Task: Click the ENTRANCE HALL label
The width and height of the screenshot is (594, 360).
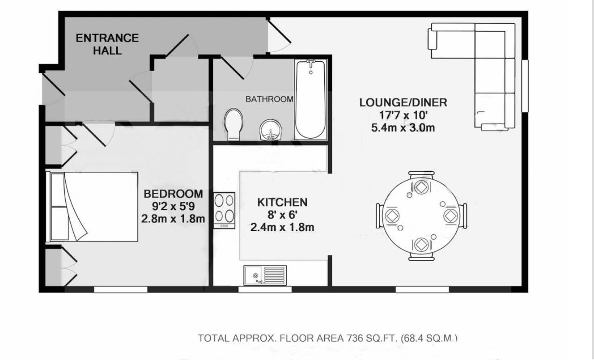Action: pyautogui.click(x=107, y=44)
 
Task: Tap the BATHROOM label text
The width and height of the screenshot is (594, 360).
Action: pyautogui.click(x=269, y=99)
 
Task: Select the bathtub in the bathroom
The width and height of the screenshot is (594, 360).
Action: pyautogui.click(x=310, y=99)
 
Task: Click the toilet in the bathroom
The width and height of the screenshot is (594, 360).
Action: pyautogui.click(x=233, y=124)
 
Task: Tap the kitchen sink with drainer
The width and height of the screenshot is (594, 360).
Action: pyautogui.click(x=265, y=275)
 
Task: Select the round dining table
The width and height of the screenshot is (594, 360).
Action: pyautogui.click(x=421, y=215)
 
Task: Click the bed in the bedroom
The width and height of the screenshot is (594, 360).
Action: pyautogui.click(x=92, y=207)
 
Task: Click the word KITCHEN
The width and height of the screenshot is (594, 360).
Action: pyautogui.click(x=282, y=203)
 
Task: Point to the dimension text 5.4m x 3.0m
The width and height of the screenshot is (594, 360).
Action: pyautogui.click(x=403, y=128)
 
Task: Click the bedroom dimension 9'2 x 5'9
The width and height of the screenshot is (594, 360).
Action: pyautogui.click(x=173, y=207)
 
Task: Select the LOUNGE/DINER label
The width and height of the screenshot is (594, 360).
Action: pyautogui.click(x=403, y=103)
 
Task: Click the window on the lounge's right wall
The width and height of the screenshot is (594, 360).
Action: pyautogui.click(x=525, y=86)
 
